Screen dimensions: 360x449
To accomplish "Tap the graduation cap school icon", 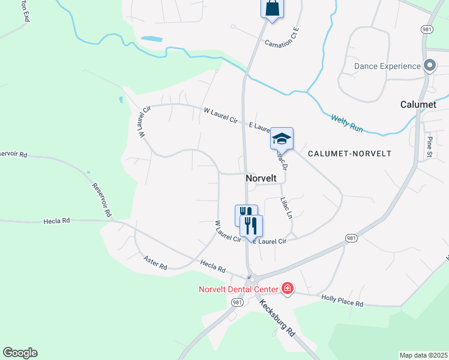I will pyautogui.click(x=282, y=139).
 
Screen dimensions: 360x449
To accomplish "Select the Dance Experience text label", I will pyautogui.click(x=387, y=66).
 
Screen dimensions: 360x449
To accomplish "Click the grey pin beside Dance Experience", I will pyautogui.click(x=430, y=65).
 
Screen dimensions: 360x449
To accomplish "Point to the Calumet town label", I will pyautogui.click(x=418, y=104).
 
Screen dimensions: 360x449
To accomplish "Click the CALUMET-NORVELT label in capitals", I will pyautogui.click(x=349, y=154).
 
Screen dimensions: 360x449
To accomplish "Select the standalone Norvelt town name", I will pyautogui.click(x=261, y=178).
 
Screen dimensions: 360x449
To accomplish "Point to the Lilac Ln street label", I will pyautogui.click(x=286, y=208).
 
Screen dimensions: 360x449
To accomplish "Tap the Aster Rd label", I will pyautogui.click(x=155, y=262).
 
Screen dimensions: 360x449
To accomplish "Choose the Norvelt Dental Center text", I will pyautogui.click(x=239, y=290).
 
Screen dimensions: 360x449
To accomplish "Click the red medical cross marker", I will pyautogui.click(x=288, y=289).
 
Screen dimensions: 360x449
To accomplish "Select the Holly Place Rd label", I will pyautogui.click(x=342, y=301).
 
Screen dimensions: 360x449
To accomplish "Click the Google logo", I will pyautogui.click(x=20, y=353).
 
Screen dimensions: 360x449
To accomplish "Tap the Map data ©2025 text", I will pyautogui.click(x=423, y=355).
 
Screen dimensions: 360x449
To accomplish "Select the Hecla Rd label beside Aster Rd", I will pyautogui.click(x=212, y=268).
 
